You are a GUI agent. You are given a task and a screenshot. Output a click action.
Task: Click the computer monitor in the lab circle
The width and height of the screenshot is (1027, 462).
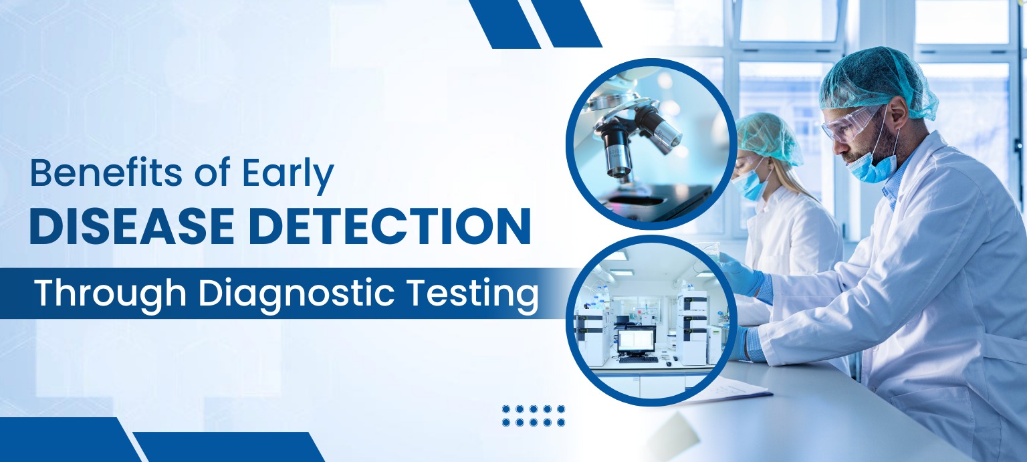click(x=636, y=340)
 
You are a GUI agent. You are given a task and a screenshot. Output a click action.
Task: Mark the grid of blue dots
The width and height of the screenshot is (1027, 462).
click(x=533, y=415)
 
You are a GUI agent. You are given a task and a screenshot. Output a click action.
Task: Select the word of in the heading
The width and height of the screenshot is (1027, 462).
click(x=213, y=173)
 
